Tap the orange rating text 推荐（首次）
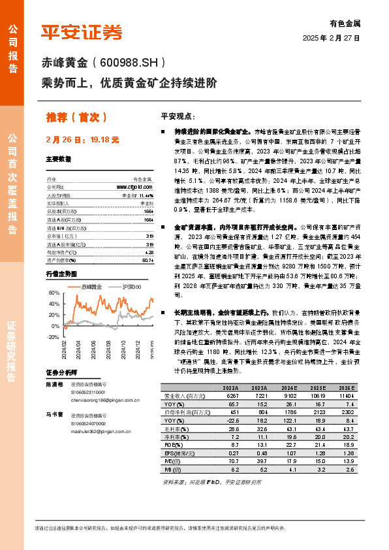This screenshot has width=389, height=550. [x=76, y=117]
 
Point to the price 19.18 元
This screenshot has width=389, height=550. [x=105, y=139]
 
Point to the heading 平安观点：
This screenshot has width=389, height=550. [x=178, y=116]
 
